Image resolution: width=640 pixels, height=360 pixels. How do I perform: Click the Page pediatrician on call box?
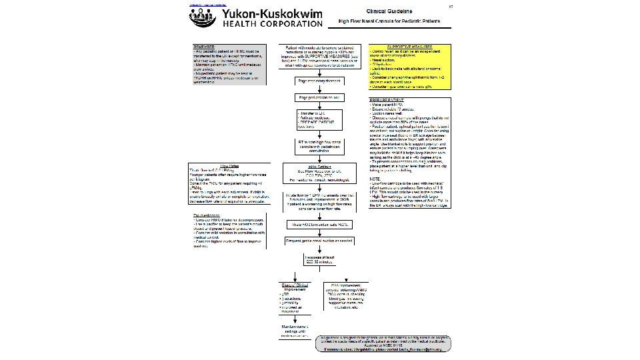(x=317, y=99)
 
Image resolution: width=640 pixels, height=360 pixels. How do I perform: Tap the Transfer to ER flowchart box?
(x=317, y=122)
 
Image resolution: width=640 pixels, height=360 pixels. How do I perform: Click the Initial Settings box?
(x=317, y=173)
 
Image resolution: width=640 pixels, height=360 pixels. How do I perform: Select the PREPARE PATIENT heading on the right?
(x=387, y=101)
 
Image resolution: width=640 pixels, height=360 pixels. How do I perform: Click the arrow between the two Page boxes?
(x=317, y=90)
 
